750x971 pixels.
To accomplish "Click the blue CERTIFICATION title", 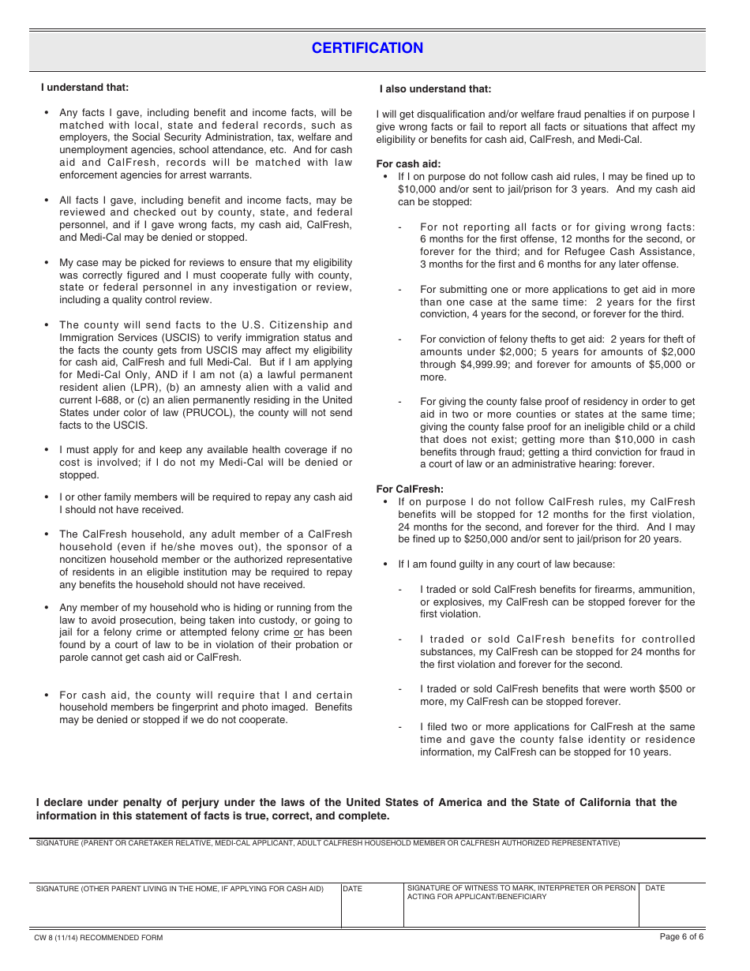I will (367, 48).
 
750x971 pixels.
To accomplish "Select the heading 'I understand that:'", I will (84, 88).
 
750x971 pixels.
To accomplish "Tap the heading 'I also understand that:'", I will (435, 89).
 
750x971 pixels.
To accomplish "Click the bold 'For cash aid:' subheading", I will (408, 164).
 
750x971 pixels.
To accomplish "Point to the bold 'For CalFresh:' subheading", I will (410, 489).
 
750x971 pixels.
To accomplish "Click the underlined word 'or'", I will (298, 632).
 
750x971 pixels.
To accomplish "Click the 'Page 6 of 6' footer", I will (681, 936).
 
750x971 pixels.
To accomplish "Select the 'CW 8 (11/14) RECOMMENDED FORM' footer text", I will (98, 938).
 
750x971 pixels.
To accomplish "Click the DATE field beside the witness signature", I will (671, 908).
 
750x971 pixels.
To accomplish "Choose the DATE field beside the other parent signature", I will (371, 908).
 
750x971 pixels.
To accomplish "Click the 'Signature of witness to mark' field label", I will (521, 893).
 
